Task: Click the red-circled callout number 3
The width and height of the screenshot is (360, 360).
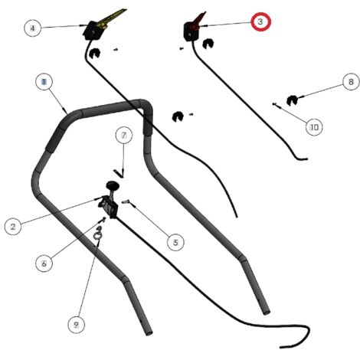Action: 260,22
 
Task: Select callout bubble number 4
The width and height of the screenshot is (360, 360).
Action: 32,28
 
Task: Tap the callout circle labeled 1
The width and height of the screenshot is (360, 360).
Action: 44,82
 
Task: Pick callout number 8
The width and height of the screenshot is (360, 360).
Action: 351,82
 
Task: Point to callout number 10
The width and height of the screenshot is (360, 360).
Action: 314,127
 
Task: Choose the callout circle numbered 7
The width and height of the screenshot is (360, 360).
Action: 124,135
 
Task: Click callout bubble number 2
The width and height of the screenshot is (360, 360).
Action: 13,227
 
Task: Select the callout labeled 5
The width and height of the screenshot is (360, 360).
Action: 175,242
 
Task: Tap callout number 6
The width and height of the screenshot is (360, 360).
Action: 44,263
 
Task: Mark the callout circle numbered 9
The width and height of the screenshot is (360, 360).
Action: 76,325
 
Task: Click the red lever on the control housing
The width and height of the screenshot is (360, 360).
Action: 199,21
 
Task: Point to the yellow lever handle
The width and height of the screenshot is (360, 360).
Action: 112,18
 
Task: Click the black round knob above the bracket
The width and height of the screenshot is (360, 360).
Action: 113,185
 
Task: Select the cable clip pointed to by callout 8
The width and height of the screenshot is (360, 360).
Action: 292,100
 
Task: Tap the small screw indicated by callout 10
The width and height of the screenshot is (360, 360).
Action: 274,104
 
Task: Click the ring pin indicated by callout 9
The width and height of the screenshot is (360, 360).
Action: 98,234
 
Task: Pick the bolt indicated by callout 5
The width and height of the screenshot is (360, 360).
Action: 126,202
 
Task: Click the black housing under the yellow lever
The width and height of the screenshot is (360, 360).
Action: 92,31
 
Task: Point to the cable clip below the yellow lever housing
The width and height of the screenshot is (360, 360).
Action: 95,53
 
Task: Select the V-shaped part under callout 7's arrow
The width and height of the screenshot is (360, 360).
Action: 119,174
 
